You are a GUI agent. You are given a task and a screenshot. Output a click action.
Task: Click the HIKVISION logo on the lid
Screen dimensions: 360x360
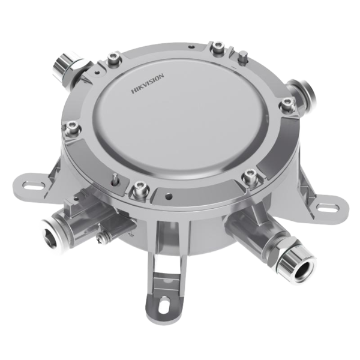pyautogui.click(x=148, y=83)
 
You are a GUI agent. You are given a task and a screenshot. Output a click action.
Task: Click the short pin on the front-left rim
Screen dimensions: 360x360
pyautogui.click(x=115, y=178)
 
